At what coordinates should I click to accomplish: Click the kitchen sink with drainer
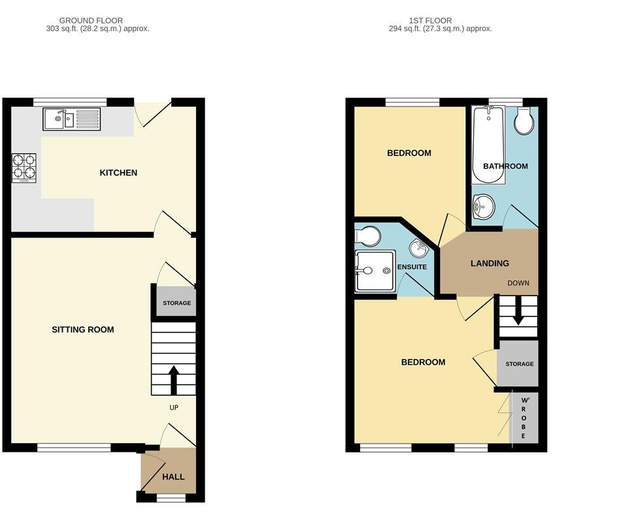pos(72,120)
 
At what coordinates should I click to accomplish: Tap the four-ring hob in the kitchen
pos(24,167)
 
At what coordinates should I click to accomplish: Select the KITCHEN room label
pos(118,173)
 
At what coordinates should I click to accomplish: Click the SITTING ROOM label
pos(83,329)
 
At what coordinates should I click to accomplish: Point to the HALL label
pos(173,477)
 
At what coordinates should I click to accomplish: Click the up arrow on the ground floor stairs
pos(174,380)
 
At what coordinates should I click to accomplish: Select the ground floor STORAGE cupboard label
pos(176,303)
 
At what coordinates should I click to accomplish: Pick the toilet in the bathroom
pos(524,122)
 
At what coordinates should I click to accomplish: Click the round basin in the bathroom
pos(483,207)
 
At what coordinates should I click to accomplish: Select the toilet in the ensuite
pos(367,235)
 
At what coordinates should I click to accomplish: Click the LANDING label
pos(490,263)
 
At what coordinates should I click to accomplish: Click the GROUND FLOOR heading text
pos(91,21)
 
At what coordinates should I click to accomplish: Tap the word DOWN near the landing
pos(518,283)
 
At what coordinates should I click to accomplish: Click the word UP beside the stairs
pos(174,407)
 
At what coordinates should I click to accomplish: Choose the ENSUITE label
pos(412,267)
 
